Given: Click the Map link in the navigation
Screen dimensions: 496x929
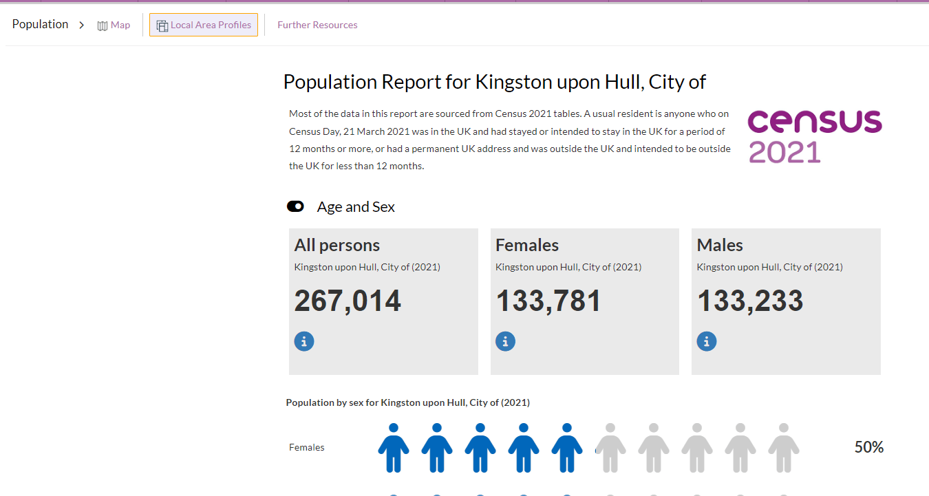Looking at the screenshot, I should [x=114, y=25].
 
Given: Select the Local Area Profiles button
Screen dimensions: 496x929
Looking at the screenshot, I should [x=204, y=25].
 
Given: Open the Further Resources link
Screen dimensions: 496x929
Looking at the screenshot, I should [x=317, y=25].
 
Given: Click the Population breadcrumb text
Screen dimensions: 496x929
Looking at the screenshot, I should [x=40, y=25].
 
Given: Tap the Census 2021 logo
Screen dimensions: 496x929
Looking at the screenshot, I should [x=814, y=136].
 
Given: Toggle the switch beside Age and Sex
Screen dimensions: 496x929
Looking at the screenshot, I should [x=295, y=207].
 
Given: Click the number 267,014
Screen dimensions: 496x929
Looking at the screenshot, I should [x=348, y=301].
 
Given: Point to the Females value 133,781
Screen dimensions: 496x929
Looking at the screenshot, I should [x=548, y=301].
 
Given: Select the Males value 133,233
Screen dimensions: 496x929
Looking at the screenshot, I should [x=750, y=301].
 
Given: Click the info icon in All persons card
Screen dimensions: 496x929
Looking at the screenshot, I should [x=304, y=341].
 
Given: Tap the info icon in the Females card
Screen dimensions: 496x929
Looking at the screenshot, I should [x=505, y=341].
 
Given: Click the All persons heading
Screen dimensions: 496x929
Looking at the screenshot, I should [x=337, y=246].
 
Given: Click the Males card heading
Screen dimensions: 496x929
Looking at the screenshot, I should [x=720, y=246].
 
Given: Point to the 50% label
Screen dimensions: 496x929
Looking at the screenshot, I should [x=868, y=448].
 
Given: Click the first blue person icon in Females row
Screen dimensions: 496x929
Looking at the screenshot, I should [x=394, y=448].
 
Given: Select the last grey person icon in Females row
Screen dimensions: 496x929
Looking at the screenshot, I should [x=783, y=448].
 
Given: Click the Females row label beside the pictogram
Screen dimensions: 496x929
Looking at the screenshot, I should [x=306, y=448].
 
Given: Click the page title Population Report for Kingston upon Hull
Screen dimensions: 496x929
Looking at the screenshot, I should [x=494, y=82].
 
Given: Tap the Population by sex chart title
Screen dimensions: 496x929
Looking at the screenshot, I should [x=407, y=402].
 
